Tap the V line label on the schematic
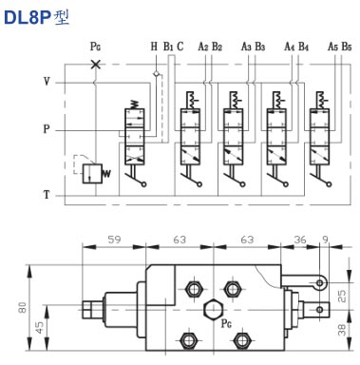(x=46, y=83)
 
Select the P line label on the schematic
(x=46, y=128)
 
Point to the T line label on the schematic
(x=46, y=195)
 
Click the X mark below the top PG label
(x=94, y=64)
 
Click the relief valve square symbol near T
(x=91, y=173)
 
